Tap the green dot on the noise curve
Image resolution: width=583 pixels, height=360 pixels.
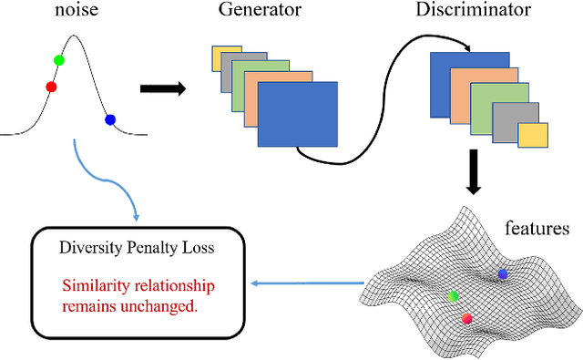(59, 60)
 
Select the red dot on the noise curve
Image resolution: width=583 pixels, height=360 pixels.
(51, 87)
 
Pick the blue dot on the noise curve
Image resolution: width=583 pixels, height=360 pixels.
(110, 119)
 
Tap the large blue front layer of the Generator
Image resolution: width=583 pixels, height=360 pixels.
(298, 114)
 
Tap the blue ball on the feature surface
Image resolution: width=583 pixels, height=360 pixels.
(503, 273)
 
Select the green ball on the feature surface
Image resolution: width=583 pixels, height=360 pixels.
(454, 296)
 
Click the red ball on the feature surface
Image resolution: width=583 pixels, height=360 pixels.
(467, 318)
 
